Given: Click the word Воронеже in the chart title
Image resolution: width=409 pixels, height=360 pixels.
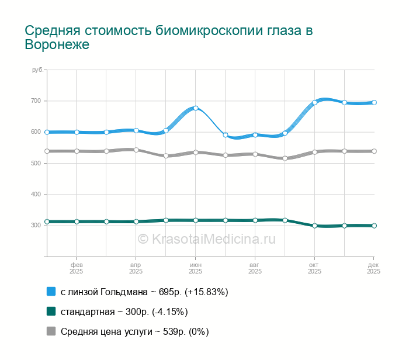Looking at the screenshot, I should [57, 45].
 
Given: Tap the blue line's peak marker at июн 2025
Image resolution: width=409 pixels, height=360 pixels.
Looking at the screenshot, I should [196, 108].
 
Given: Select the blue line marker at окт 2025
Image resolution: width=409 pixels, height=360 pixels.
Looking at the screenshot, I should [314, 102].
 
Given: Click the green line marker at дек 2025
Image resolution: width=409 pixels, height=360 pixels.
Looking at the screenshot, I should [374, 226].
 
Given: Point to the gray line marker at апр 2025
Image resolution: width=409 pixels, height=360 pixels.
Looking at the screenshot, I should [136, 150].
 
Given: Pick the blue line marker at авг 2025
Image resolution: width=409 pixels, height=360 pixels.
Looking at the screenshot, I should [255, 135].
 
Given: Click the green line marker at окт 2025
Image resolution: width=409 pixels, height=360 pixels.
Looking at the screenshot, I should [314, 226].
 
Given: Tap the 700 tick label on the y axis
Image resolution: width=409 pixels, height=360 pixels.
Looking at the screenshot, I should [36, 101].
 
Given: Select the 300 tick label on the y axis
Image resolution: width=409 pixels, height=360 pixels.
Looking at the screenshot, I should [36, 225].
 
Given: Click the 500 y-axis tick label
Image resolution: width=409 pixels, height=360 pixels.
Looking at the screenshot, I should [36, 163].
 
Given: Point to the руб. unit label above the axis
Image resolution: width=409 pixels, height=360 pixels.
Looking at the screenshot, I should [37, 70].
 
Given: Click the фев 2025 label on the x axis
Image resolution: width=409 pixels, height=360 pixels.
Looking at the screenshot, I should [77, 268].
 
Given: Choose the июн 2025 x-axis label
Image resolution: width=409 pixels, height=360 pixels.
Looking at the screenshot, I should [196, 268].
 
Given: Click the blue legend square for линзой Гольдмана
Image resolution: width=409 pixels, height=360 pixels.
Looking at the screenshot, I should [51, 291].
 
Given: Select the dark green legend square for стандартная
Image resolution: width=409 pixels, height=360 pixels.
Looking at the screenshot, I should [51, 311].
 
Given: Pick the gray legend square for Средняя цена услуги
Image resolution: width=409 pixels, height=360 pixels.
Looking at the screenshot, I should [51, 331].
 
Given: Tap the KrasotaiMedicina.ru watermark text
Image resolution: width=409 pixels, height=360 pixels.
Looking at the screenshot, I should [206, 238].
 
